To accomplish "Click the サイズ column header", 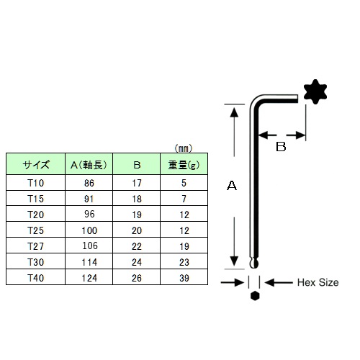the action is (x=36, y=165).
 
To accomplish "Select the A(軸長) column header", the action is (x=89, y=165).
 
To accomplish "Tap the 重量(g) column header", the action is (x=184, y=165).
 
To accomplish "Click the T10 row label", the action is (x=36, y=183).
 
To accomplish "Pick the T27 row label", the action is (x=36, y=246).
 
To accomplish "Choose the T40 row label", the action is (x=36, y=278).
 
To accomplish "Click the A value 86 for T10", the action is (x=89, y=183).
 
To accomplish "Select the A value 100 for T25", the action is (x=89, y=230).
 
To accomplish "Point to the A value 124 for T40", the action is (x=89, y=278).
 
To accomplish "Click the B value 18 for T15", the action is (x=137, y=199).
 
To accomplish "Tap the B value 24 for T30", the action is (x=137, y=262).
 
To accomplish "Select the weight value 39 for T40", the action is (x=184, y=278).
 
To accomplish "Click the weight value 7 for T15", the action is (x=184, y=199).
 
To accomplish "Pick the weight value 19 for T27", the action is (x=184, y=246).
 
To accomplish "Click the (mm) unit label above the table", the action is (x=184, y=148).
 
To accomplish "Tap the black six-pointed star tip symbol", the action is (x=315, y=91).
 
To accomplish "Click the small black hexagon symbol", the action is (x=255, y=296).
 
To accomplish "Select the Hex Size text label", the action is (x=318, y=282).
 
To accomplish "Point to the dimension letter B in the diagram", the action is (x=281, y=147).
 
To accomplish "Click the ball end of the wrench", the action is (x=254, y=264).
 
